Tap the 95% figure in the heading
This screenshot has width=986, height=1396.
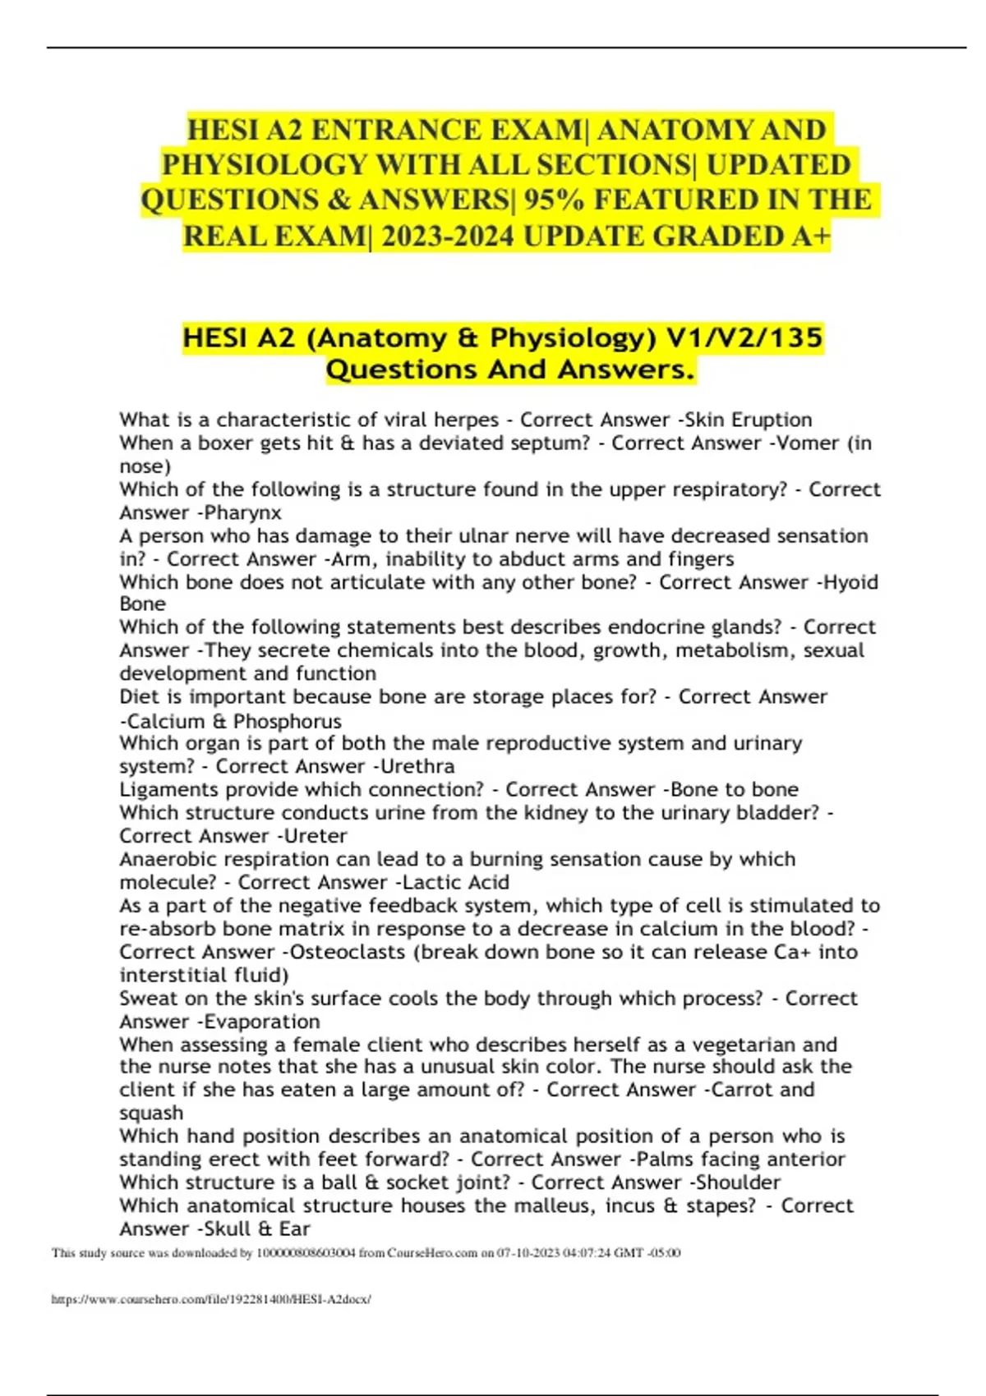551,200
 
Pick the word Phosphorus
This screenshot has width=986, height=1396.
288,721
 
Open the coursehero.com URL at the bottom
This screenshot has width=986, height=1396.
211,1300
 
